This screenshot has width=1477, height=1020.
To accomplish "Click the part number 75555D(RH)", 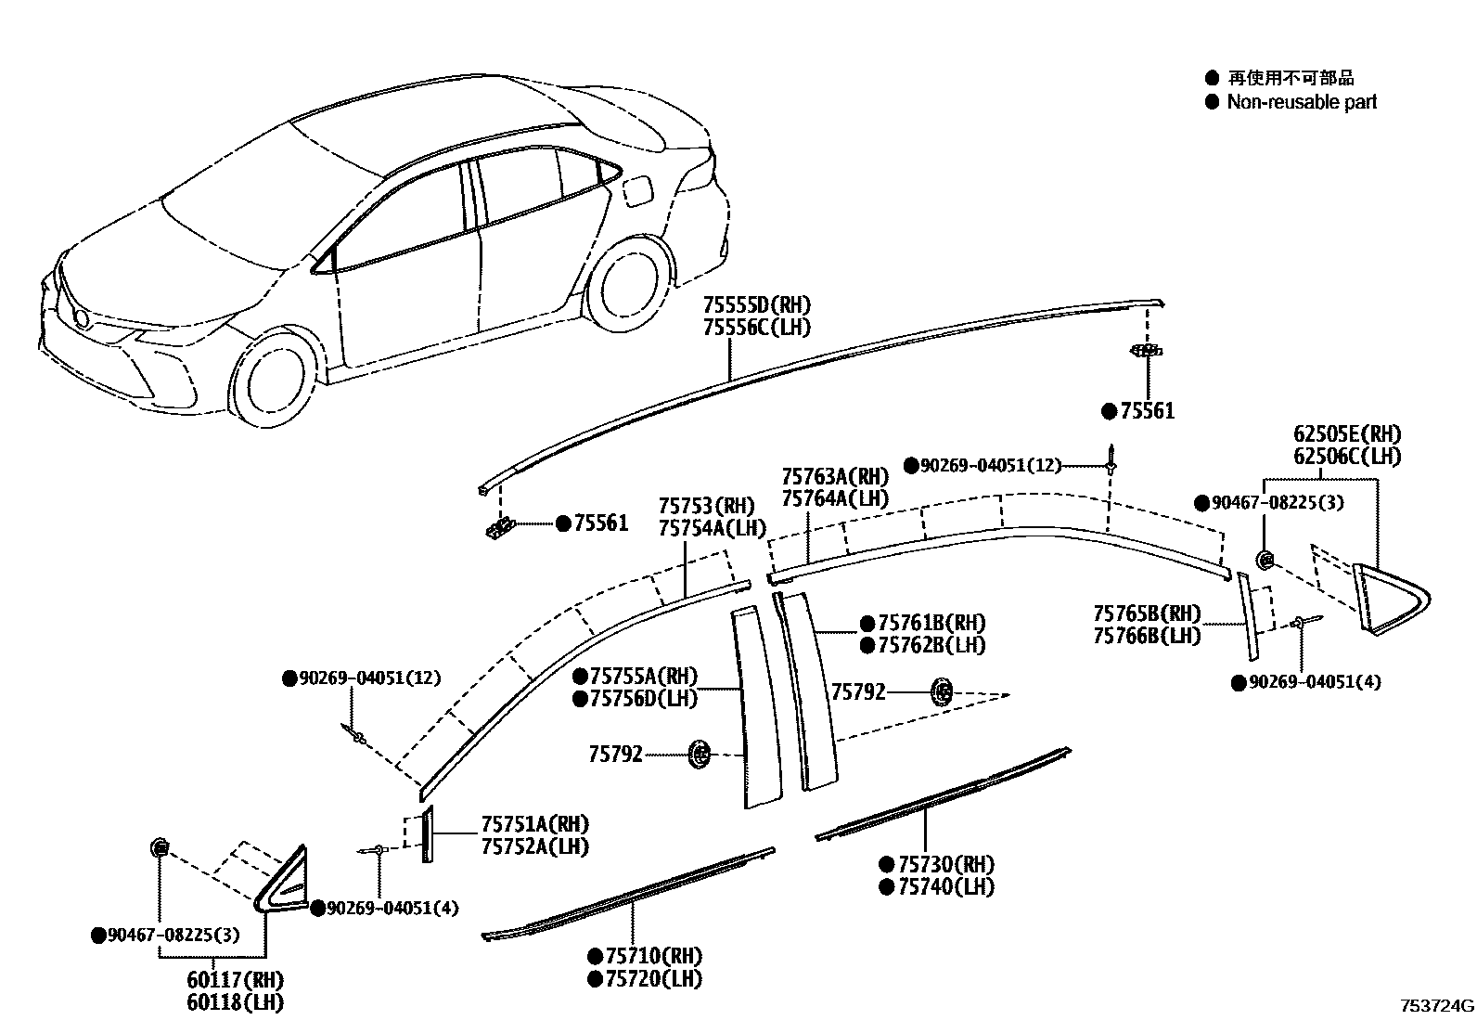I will tap(756, 304).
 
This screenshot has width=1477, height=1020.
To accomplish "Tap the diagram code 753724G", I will tap(1437, 1006).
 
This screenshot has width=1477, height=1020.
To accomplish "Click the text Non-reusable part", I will tap(1302, 102).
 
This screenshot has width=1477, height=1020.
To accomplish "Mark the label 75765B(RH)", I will tap(1147, 613).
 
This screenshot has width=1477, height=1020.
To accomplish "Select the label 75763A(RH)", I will tap(835, 476).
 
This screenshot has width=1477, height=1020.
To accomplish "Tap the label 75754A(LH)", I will tap(713, 528).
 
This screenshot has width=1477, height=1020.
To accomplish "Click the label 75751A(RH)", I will tap(534, 824).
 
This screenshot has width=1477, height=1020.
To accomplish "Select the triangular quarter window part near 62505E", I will tap(1389, 599).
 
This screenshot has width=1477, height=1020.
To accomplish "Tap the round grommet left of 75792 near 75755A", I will tap(700, 755).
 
